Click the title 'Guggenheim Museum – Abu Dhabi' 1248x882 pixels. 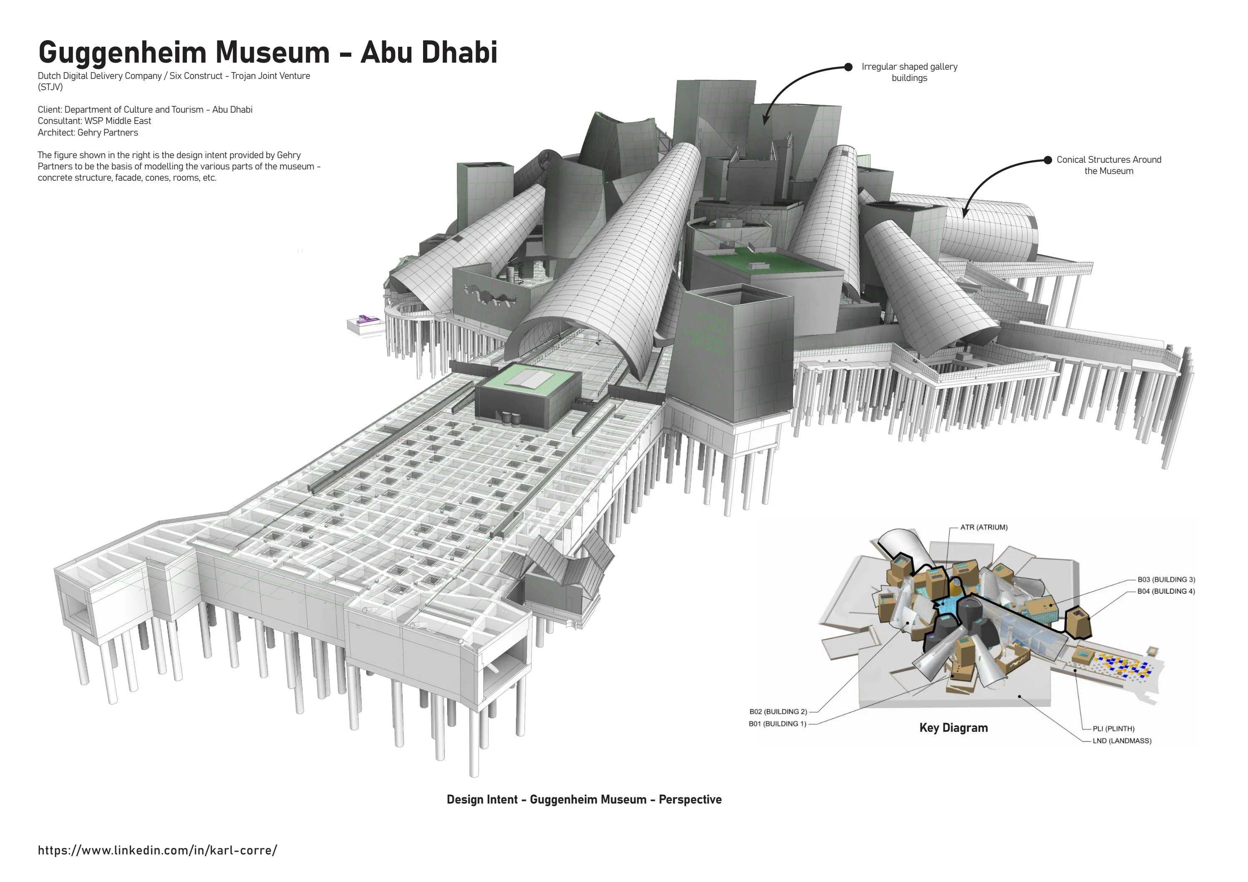point(267,52)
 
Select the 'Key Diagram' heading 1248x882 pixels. point(953,728)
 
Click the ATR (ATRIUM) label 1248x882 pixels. point(984,527)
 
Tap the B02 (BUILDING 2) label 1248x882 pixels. point(778,711)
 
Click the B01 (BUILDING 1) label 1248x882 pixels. point(778,724)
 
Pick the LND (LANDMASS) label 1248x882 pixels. point(1122,741)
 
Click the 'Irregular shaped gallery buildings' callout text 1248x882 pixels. point(909,72)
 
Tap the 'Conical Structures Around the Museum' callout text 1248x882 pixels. point(1109,165)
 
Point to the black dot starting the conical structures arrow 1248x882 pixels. point(1047,160)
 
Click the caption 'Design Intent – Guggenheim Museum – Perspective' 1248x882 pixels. point(584,799)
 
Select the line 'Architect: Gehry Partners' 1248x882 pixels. point(88,133)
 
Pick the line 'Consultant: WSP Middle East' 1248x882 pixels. point(95,121)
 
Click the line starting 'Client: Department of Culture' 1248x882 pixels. point(145,110)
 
